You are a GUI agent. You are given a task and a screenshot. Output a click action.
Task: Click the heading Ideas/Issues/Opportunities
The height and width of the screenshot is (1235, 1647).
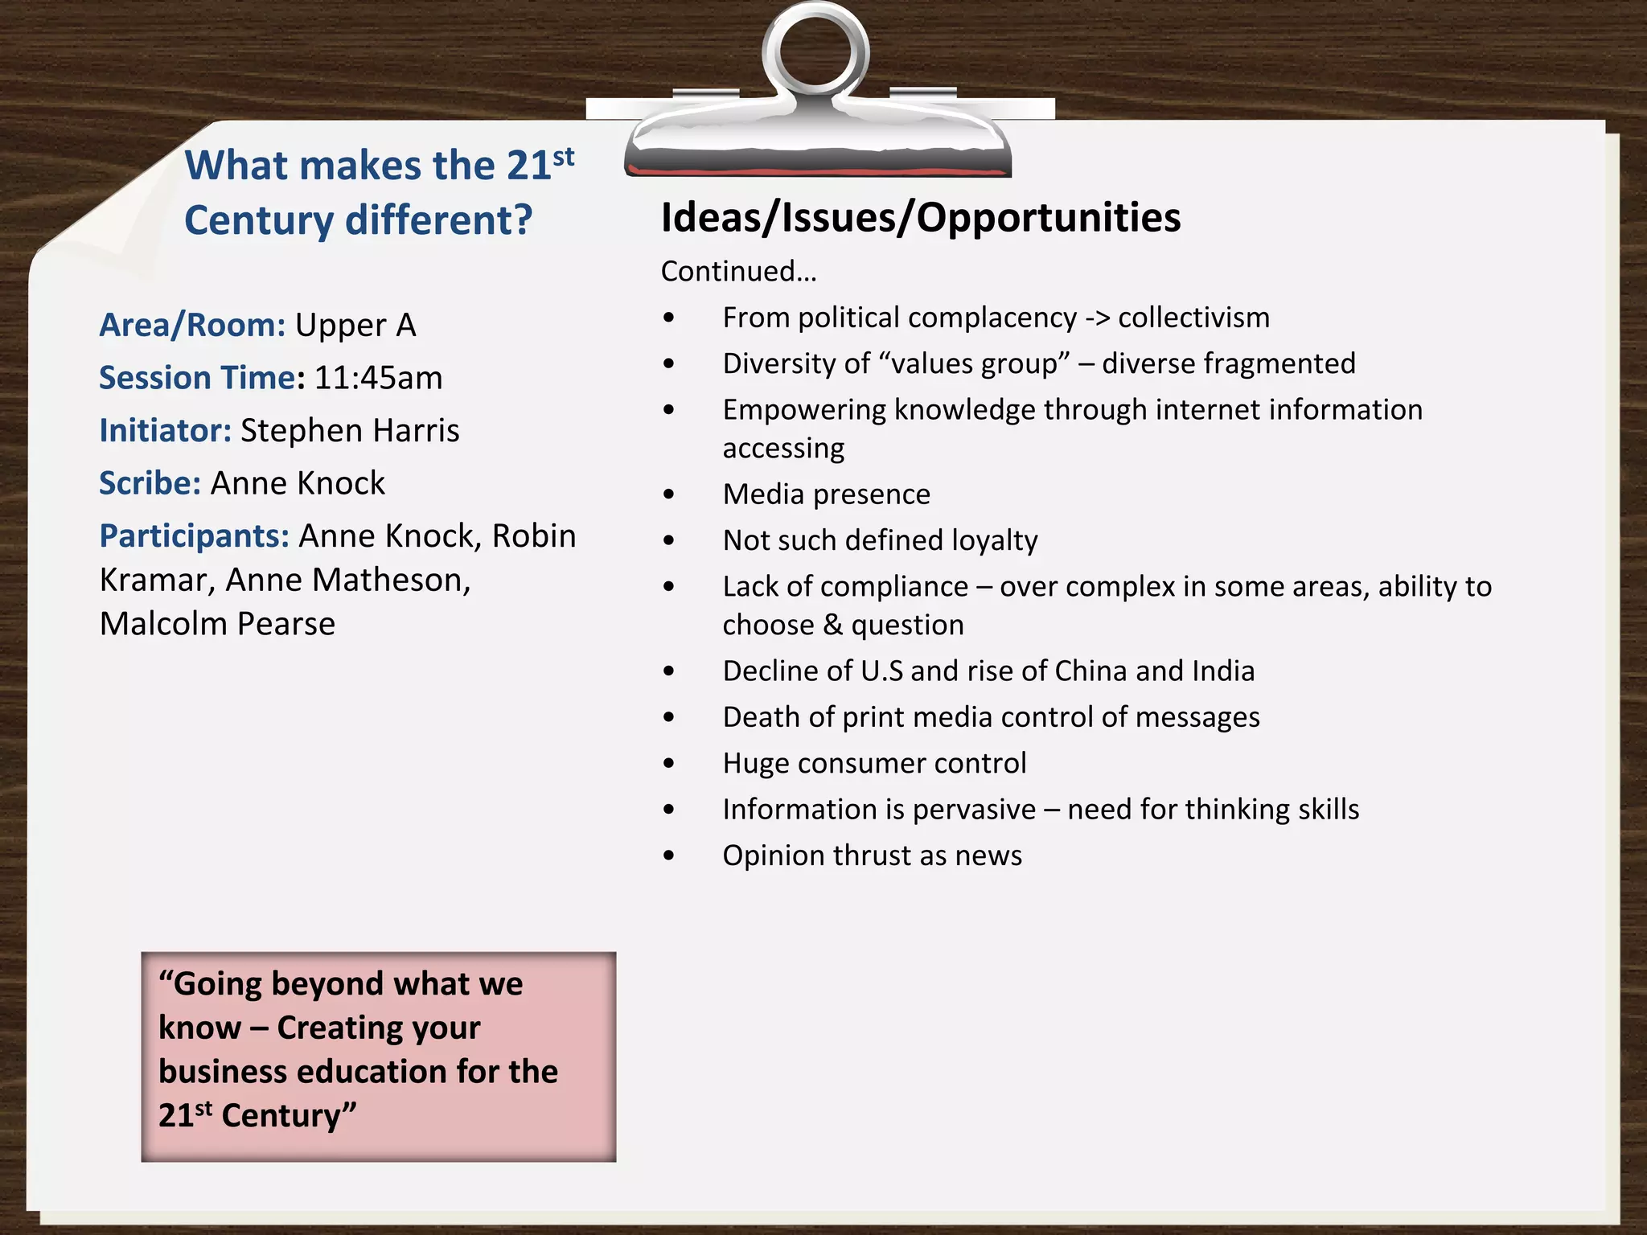921,218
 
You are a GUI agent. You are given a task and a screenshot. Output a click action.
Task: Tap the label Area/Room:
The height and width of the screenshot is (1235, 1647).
192,326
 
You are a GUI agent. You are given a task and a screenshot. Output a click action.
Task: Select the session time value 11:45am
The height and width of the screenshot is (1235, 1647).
378,378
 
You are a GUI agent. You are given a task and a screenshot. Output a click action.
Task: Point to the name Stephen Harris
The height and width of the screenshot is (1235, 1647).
350,431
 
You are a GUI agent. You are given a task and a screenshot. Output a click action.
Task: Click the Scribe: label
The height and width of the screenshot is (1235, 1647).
150,483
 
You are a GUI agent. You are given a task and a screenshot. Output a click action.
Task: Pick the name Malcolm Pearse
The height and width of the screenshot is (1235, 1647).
217,624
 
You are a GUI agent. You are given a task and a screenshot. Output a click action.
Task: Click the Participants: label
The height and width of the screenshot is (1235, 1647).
194,536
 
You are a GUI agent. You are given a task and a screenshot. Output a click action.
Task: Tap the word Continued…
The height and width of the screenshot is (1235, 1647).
738,272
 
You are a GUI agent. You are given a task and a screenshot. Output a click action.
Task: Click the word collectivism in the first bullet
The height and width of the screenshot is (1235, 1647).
1193,318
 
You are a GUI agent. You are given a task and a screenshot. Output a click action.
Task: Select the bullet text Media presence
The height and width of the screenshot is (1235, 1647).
826,494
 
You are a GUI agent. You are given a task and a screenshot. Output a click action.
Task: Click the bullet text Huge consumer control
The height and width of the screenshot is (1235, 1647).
874,763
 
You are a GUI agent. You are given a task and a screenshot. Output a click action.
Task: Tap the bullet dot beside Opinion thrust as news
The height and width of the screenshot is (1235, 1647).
669,855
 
